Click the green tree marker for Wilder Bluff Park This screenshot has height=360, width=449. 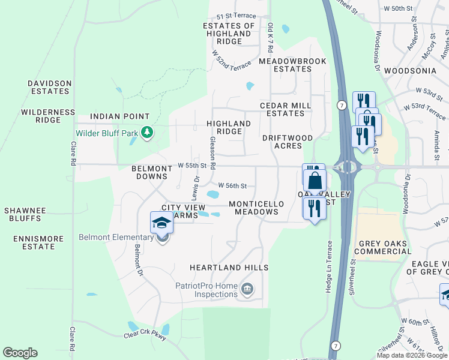pyautogui.click(x=146, y=133)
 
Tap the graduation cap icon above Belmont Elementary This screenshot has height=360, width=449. pyautogui.click(x=161, y=223)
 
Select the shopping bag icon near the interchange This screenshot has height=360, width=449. pyautogui.click(x=315, y=180)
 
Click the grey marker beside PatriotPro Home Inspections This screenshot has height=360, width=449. pyautogui.click(x=247, y=290)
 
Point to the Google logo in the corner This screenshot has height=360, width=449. pyautogui.click(x=20, y=353)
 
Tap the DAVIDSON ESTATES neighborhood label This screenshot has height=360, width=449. pyautogui.click(x=50, y=87)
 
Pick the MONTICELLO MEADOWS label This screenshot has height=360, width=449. pyautogui.click(x=256, y=208)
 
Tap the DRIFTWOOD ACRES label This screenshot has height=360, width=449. pyautogui.click(x=288, y=142)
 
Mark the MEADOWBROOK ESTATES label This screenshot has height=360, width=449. pyautogui.click(x=292, y=65)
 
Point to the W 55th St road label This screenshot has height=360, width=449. pyautogui.click(x=191, y=165)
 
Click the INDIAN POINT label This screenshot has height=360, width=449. pyautogui.click(x=119, y=116)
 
